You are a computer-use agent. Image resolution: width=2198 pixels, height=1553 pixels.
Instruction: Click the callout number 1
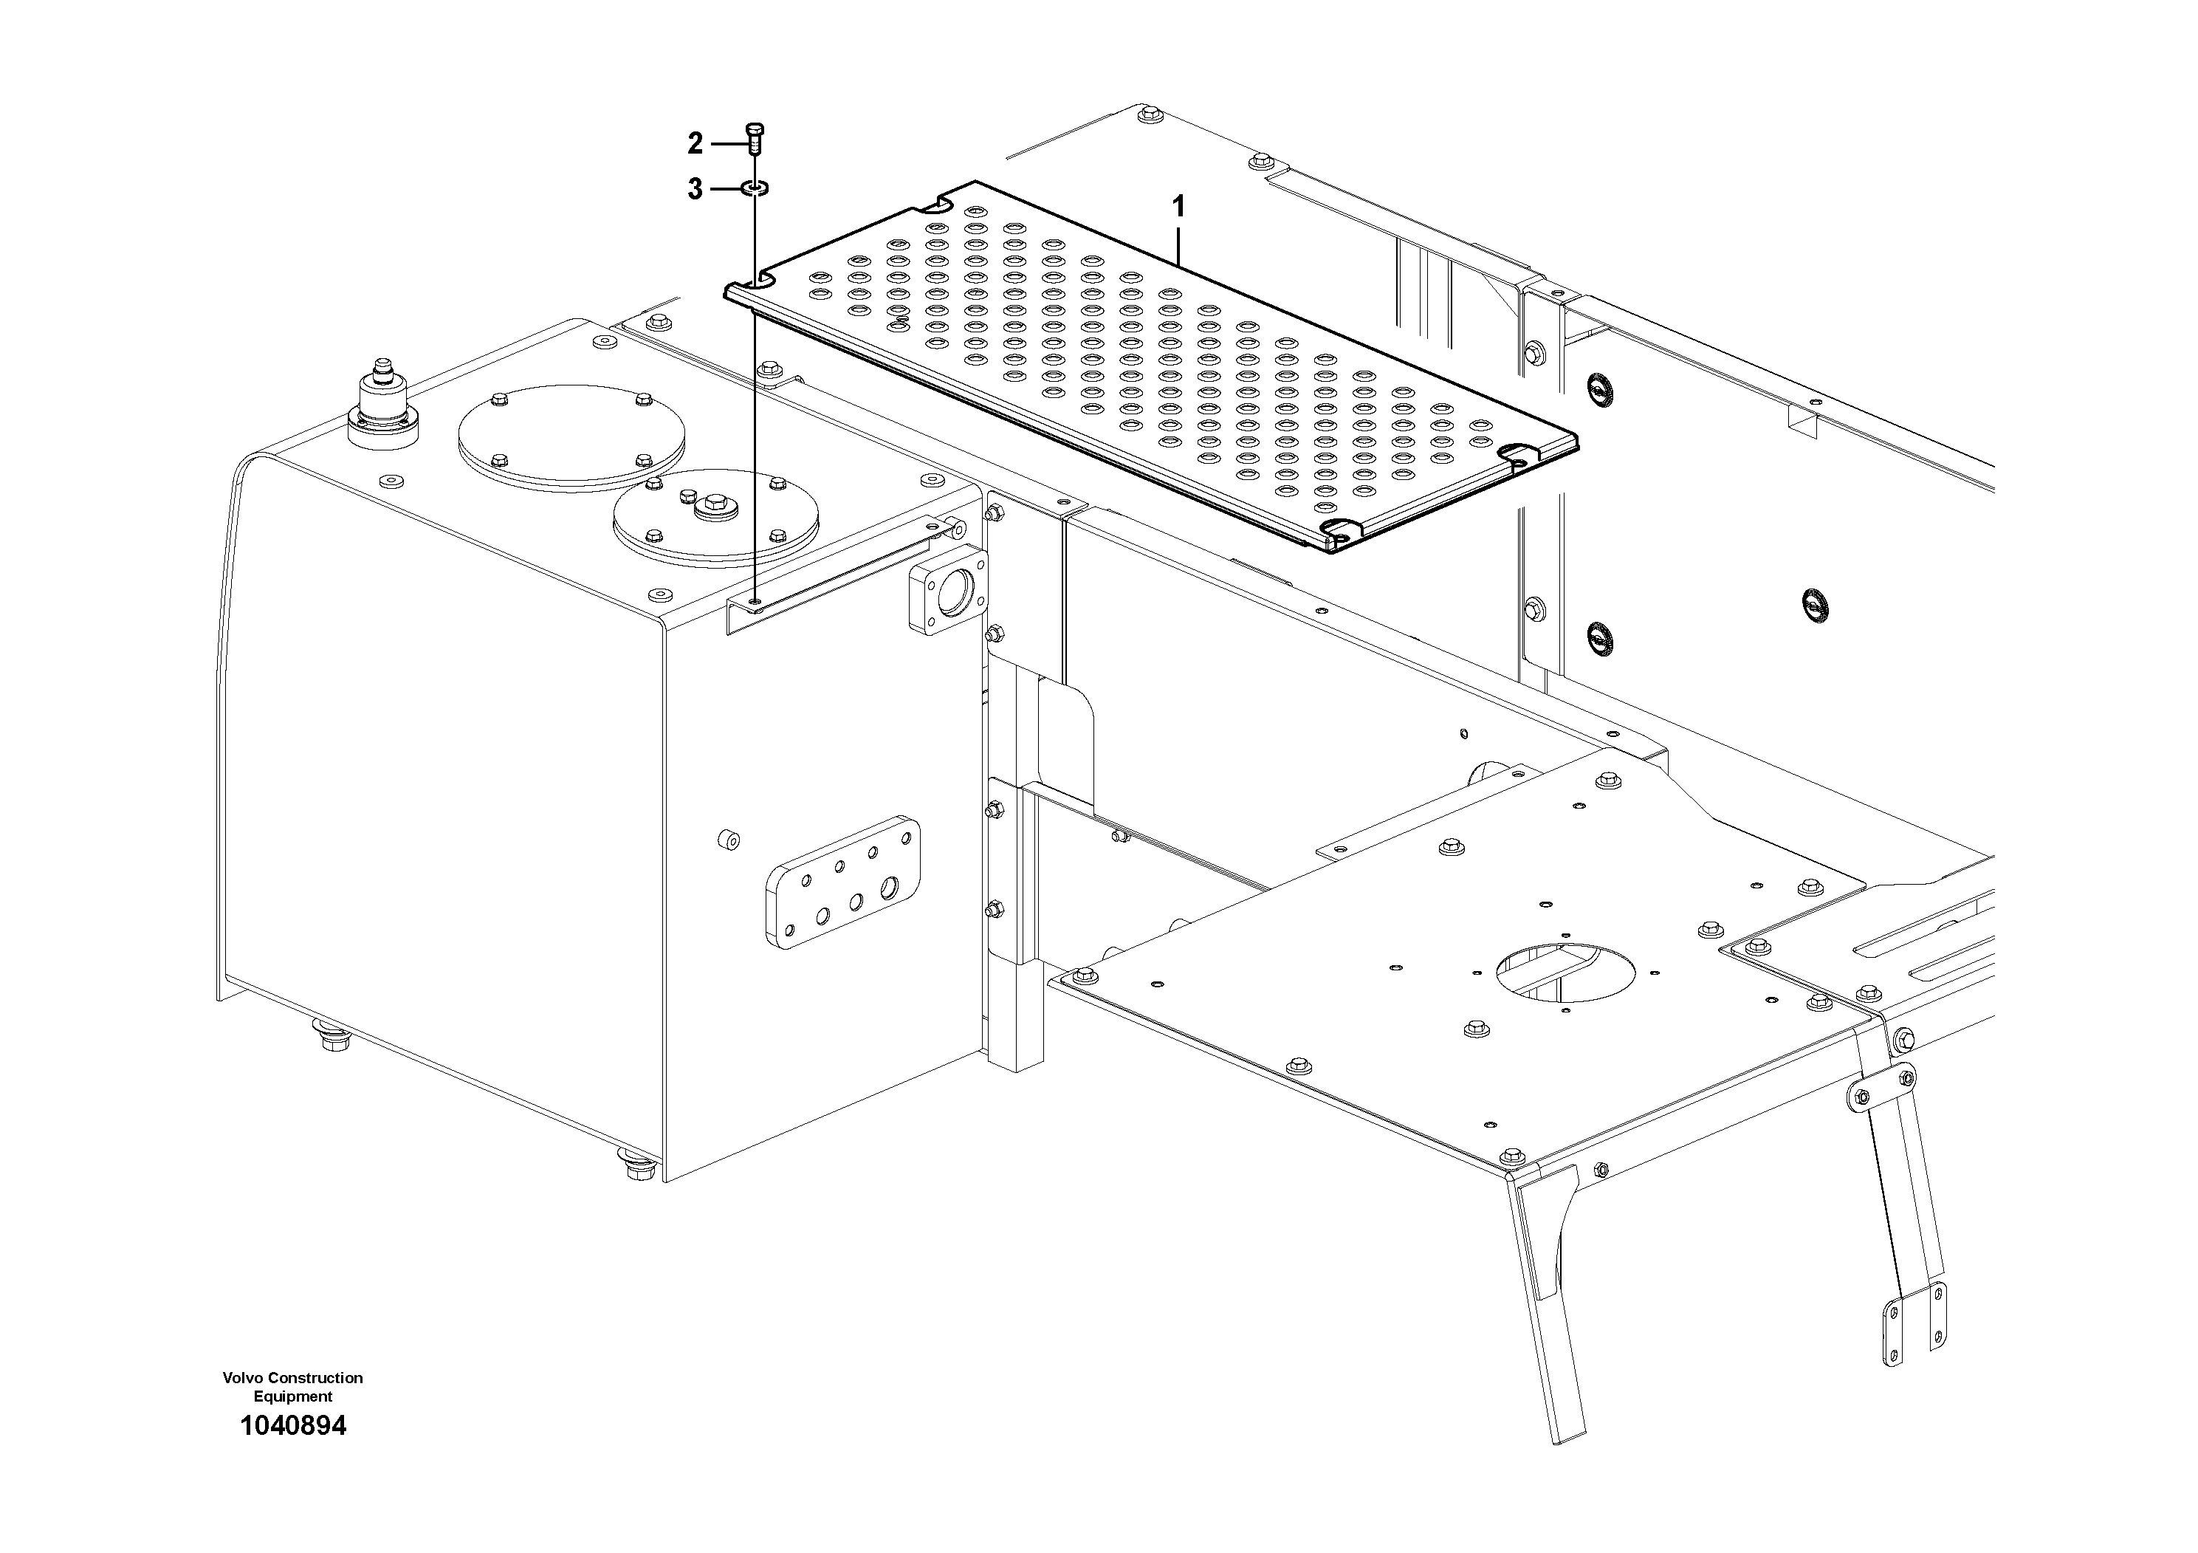point(1178,206)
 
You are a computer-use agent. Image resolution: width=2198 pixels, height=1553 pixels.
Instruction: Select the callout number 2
point(695,143)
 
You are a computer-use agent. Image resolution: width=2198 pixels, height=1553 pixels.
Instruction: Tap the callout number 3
point(695,190)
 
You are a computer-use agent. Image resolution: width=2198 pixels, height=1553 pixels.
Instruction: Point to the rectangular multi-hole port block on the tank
point(842,882)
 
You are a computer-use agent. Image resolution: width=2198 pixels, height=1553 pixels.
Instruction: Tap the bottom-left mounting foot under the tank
point(332,1035)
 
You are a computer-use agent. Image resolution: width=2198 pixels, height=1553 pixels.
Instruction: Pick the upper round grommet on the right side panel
point(1598,388)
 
